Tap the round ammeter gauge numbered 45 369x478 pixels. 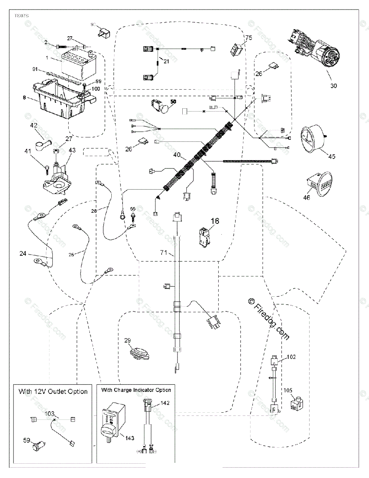click(x=314, y=138)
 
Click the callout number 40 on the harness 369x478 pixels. click(x=177, y=155)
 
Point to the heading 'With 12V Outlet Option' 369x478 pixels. click(x=53, y=392)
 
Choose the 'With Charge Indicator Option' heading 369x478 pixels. click(x=136, y=390)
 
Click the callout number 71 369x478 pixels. click(x=163, y=253)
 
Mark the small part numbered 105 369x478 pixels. click(x=297, y=404)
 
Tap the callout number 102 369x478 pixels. click(x=292, y=357)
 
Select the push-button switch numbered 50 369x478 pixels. click(x=160, y=106)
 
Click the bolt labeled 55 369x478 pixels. click(x=132, y=215)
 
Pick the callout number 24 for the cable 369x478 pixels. click(x=23, y=253)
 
